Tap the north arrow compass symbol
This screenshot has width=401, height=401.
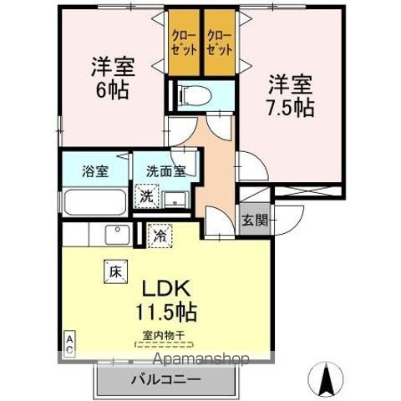[x=327, y=378]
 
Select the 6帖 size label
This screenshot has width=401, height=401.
[x=113, y=90]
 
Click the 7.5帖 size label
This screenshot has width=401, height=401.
[x=291, y=108]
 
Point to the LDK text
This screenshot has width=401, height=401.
[x=166, y=288]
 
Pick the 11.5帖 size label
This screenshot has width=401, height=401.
[x=166, y=312]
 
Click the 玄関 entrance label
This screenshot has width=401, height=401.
[x=255, y=221]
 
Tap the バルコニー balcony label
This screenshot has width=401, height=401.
[x=166, y=380]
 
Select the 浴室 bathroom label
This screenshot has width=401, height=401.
[x=95, y=171]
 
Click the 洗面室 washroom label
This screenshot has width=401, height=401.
[x=166, y=171]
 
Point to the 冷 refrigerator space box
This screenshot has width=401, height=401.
[x=160, y=236]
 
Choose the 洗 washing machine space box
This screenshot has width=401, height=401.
[x=146, y=196]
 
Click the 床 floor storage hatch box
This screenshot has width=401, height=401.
[x=116, y=272]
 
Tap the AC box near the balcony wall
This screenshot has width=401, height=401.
[x=69, y=344]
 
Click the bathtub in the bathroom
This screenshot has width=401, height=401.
[x=94, y=202]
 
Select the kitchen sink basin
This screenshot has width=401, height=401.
[x=118, y=235]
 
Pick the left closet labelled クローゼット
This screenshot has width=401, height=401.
[x=185, y=43]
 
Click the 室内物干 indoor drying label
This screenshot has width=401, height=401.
[x=164, y=336]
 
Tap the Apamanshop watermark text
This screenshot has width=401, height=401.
[x=201, y=359]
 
